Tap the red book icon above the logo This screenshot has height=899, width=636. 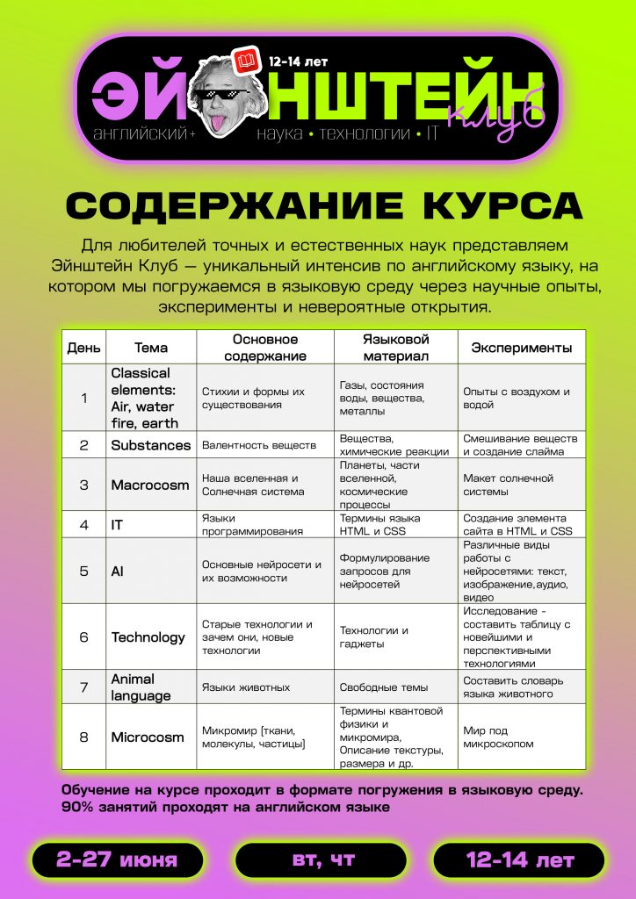(245, 62)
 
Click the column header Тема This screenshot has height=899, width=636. (151, 348)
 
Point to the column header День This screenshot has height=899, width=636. (84, 348)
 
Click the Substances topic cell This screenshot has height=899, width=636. (150, 445)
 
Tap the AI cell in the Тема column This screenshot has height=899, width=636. (118, 571)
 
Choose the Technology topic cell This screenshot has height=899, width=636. (148, 637)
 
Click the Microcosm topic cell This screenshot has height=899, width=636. (148, 737)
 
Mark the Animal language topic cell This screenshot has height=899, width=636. (141, 687)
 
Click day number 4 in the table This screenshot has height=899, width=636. (84, 525)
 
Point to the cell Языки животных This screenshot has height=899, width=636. (246, 687)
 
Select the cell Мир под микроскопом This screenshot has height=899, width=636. (498, 737)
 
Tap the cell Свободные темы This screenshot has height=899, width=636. (384, 687)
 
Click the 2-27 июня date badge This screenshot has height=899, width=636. (117, 859)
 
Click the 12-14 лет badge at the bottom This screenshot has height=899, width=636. (519, 859)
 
